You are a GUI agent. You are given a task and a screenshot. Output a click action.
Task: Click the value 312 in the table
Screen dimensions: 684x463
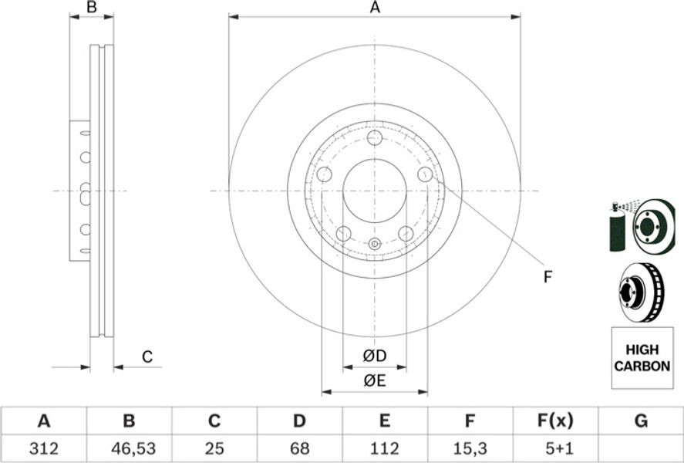pos(44,448)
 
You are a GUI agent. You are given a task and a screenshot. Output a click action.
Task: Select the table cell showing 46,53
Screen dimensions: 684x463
pos(129,448)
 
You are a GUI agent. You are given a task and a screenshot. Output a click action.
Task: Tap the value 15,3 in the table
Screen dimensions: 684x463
pos(470,448)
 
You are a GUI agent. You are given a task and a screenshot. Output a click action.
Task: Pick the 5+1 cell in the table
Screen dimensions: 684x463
pos(555,448)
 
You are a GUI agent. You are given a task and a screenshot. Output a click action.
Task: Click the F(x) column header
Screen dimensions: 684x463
pos(555,421)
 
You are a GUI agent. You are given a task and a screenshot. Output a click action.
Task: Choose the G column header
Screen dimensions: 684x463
pos(641,421)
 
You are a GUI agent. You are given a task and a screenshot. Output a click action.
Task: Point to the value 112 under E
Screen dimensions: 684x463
pos(384,448)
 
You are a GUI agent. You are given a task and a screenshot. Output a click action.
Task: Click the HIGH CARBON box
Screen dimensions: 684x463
pos(642,358)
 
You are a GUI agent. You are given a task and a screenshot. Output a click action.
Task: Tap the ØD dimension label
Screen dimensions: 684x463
pos(375,356)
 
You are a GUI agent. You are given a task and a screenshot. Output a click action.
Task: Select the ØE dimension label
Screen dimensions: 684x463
pos(375,381)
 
